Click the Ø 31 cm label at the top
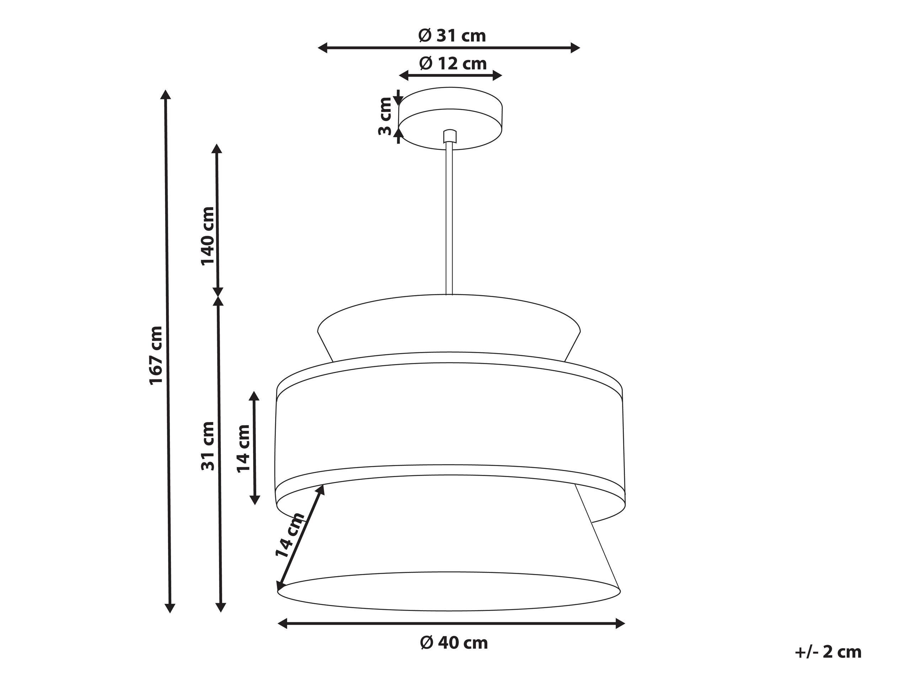(452, 36)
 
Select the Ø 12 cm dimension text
(453, 64)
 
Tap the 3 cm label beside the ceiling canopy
(385, 117)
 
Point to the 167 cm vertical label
(156, 355)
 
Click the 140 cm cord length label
(208, 236)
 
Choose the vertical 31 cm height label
(208, 446)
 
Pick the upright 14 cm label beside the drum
(243, 449)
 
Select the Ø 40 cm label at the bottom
(454, 642)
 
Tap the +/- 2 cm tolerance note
(828, 652)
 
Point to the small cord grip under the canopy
(450, 136)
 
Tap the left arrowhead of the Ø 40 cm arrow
(282, 624)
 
